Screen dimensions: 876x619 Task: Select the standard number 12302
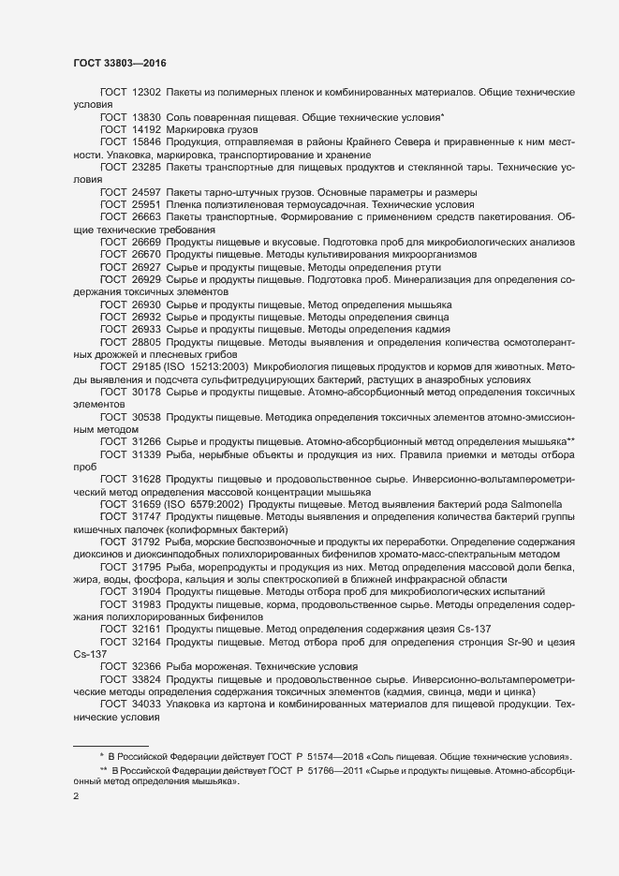pos(147,94)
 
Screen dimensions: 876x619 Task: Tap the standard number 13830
pos(147,117)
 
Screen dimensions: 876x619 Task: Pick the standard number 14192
pos(147,129)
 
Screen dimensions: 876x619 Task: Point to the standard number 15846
pos(147,141)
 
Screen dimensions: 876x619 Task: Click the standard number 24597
pos(147,191)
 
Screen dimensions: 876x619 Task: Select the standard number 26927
pos(147,267)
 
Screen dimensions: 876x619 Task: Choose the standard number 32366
pos(147,667)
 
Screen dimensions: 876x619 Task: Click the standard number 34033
pos(147,703)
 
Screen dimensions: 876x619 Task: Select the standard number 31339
pos(147,454)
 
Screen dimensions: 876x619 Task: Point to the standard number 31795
pos(147,567)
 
